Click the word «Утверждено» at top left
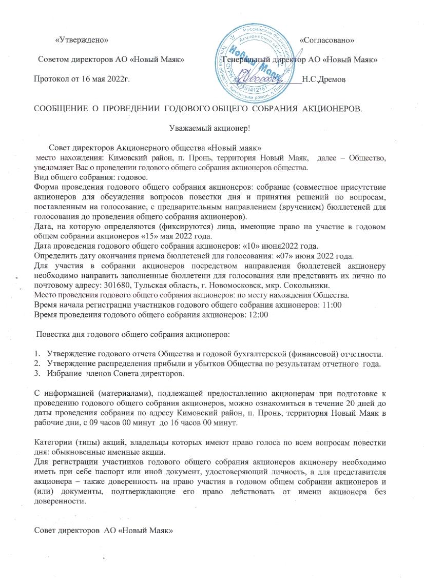[x=82, y=39]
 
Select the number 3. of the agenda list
[x=37, y=374]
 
